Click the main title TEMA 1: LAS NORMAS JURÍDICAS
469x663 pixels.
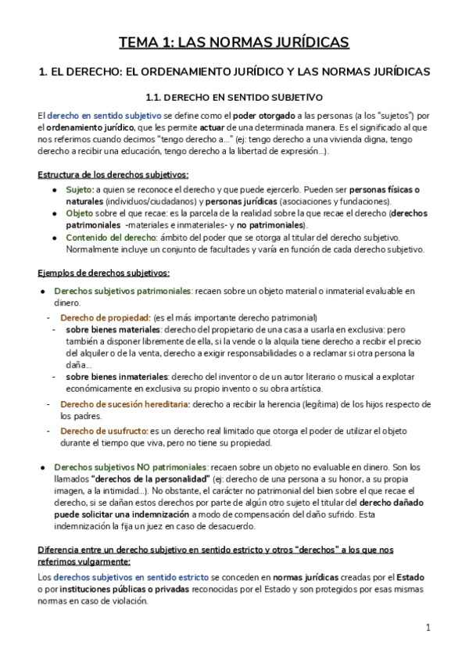[x=234, y=42]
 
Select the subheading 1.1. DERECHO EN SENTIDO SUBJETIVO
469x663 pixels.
[x=234, y=98]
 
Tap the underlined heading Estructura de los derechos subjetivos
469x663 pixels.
[x=113, y=174]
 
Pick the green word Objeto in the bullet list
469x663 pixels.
[x=80, y=212]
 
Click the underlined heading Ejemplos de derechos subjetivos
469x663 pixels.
[x=103, y=272]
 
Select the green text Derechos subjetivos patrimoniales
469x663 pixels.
[x=123, y=290]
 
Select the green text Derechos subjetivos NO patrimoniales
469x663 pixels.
[x=129, y=467]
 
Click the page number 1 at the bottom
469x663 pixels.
[x=428, y=627]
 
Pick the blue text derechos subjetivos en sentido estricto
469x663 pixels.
[x=120, y=578]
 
